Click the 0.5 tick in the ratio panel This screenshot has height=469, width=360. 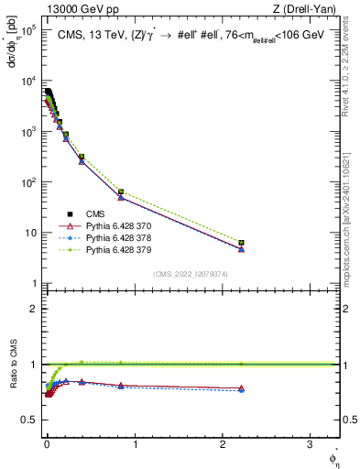click(30, 420)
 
